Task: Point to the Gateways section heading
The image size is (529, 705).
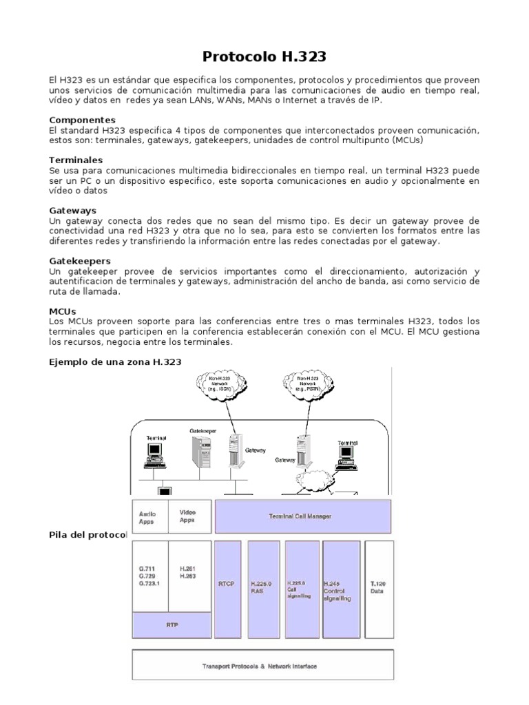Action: point(73,210)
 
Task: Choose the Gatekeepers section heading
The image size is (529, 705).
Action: point(80,261)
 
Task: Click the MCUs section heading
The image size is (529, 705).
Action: point(63,311)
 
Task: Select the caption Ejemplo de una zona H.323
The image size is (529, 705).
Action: point(116,361)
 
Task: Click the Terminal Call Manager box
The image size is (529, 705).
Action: point(303,516)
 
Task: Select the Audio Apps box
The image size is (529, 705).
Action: point(149,516)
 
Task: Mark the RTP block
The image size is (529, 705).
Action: point(172,625)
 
